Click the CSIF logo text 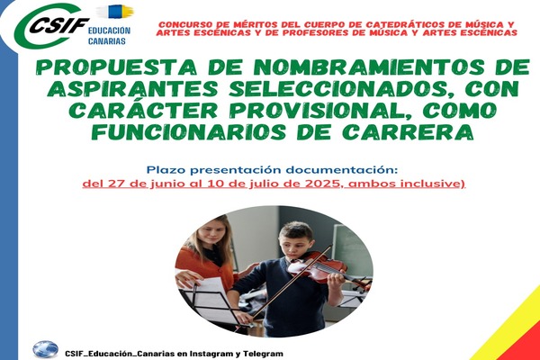[58, 25]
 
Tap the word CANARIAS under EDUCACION [107, 41]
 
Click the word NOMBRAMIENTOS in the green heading [368, 67]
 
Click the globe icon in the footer [46, 349]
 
